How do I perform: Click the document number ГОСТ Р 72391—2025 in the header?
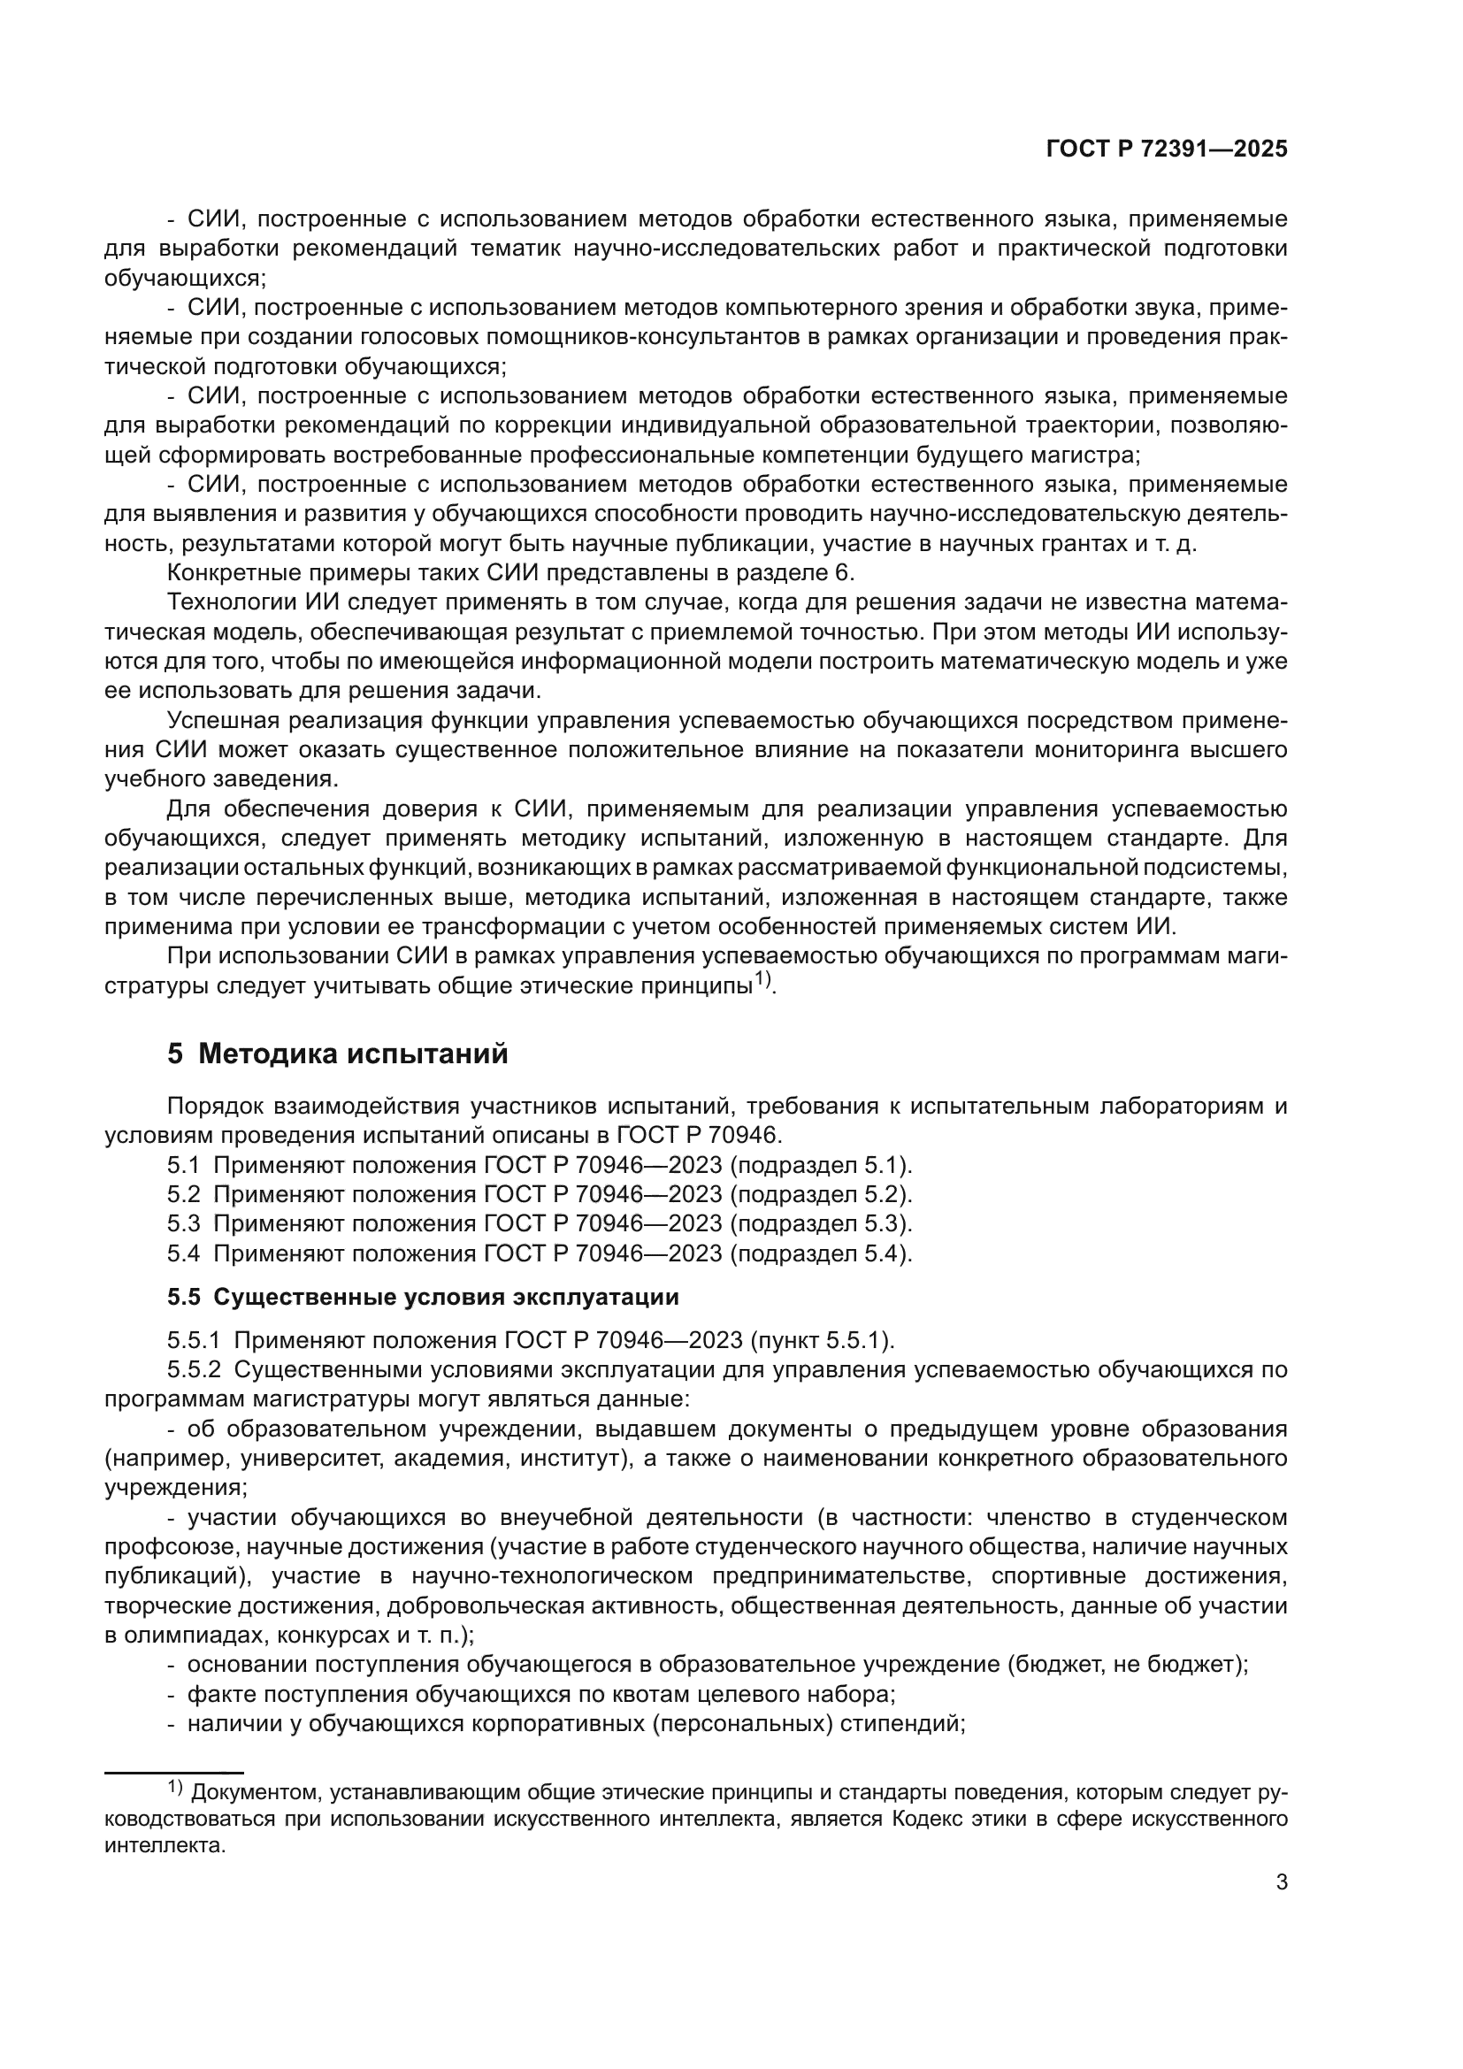[1167, 149]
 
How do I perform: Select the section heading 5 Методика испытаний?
[338, 1054]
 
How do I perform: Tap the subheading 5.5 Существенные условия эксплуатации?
[423, 1297]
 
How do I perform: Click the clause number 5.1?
[183, 1165]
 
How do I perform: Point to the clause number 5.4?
[183, 1253]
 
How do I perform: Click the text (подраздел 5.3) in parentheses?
[821, 1223]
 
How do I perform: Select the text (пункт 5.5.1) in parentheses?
[822, 1341]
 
